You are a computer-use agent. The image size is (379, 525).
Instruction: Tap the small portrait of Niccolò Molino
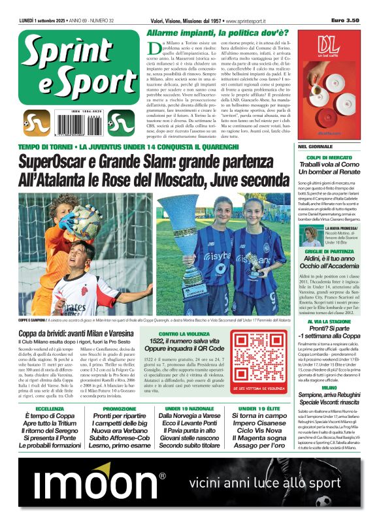tap(310, 236)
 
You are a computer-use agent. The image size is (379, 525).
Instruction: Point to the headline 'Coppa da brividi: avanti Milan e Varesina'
tap(76, 334)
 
